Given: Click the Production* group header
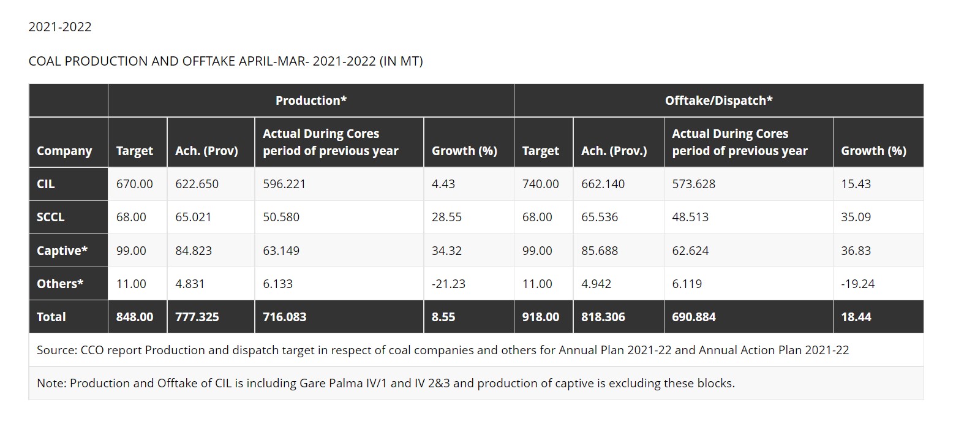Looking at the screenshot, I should point(311,101).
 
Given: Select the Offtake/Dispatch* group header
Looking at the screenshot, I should point(718,101).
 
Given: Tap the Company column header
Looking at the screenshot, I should point(64,151).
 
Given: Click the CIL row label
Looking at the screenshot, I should point(45,184).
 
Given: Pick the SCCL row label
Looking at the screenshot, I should point(50,217).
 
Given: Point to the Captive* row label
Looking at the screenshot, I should point(62,251).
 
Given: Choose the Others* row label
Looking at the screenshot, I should point(60,284).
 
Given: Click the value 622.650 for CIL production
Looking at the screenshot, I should point(197,184).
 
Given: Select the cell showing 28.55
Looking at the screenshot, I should point(446,217).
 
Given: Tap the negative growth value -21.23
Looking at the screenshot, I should point(448,284).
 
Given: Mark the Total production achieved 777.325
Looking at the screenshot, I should point(197,317).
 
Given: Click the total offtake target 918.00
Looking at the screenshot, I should point(540,317).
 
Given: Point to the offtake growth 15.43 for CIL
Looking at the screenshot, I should point(856,184).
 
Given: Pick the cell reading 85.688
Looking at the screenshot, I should point(599,251).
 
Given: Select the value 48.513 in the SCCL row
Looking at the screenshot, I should point(690,217).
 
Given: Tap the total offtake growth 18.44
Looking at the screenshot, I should point(856,317).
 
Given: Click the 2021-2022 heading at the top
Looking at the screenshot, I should point(60,27).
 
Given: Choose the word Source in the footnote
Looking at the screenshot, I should point(56,351).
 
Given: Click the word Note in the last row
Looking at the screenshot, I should point(51,384).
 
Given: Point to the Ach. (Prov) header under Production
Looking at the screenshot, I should point(206,151).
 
